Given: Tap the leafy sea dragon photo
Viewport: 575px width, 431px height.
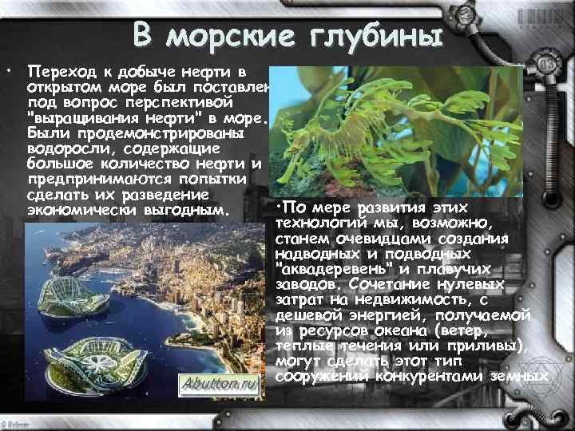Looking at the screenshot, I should (395, 132).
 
